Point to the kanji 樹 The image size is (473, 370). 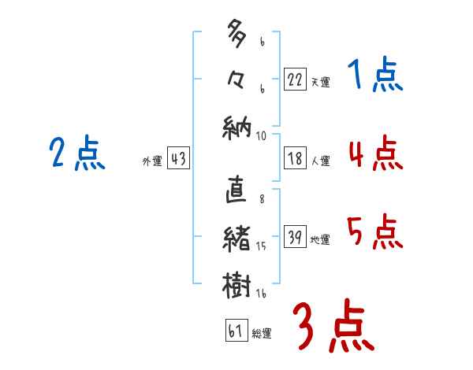[x=236, y=284]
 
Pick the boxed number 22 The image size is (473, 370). [x=295, y=79]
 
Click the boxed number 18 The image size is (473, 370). [x=295, y=158]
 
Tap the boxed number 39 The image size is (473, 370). [x=295, y=237]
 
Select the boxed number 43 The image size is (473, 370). [x=178, y=158]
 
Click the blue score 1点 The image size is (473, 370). [x=375, y=77]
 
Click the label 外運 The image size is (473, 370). [x=151, y=161]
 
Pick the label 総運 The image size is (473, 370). [x=262, y=333]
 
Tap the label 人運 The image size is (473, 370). [x=320, y=161]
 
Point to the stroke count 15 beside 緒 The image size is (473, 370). [x=261, y=246]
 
